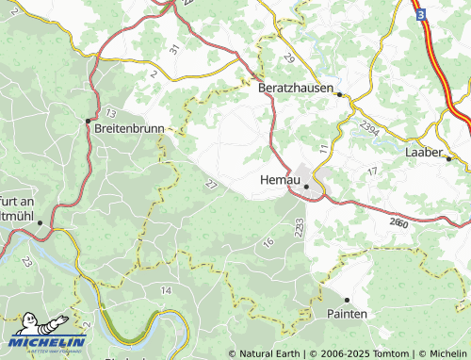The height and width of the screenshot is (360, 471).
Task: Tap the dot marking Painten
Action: (x=347, y=300)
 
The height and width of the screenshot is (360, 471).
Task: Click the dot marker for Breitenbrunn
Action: (x=88, y=121)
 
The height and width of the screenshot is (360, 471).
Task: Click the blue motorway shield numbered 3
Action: (x=421, y=14)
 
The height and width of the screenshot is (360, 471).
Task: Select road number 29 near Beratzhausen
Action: (x=288, y=58)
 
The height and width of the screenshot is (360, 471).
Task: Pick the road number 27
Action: (x=209, y=185)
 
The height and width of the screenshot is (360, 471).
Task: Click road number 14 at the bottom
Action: (x=168, y=289)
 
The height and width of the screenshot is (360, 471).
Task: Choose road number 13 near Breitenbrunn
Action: (x=111, y=112)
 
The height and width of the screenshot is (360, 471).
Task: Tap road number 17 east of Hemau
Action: (x=373, y=171)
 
